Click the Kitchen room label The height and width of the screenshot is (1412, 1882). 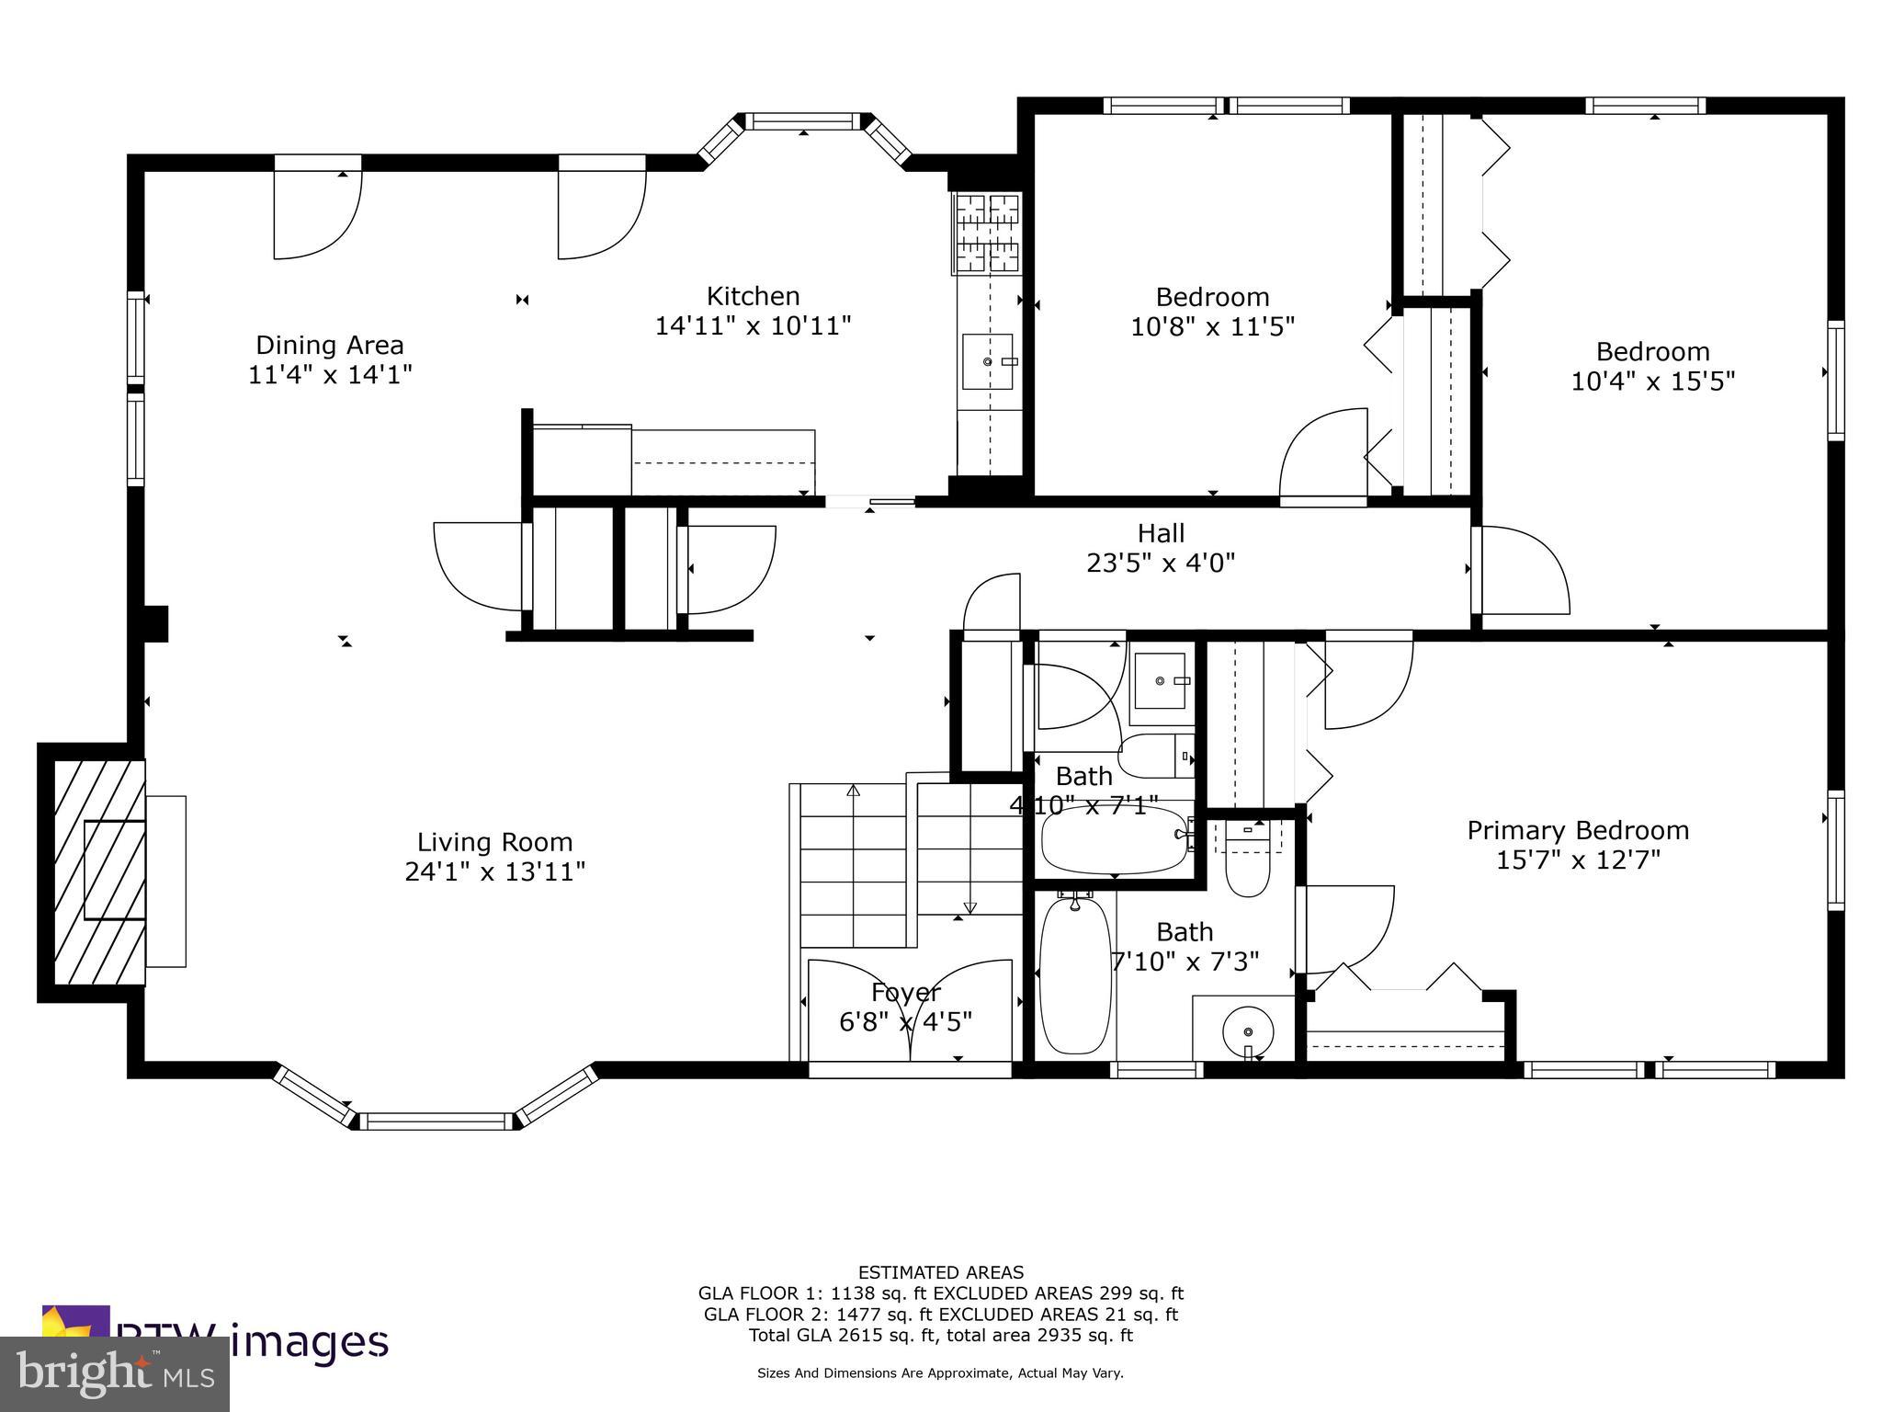coord(753,296)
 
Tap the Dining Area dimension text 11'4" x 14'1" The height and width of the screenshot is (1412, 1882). coord(330,375)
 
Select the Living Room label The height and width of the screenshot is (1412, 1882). coord(494,842)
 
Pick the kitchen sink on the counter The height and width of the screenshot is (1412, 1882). coord(988,362)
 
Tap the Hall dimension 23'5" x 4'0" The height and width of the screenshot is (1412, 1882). coord(1161,563)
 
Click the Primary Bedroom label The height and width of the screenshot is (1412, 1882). coord(1578,831)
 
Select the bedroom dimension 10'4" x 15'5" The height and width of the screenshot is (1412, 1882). coord(1652,381)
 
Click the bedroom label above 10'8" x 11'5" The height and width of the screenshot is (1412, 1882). coord(1212,297)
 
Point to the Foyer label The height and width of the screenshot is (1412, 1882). coord(905,993)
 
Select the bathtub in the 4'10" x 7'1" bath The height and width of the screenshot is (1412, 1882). coord(1114,839)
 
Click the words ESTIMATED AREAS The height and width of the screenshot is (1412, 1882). coord(940,1273)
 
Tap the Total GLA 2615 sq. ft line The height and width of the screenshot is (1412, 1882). coord(940,1336)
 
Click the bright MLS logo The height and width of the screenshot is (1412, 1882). coord(114,1374)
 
